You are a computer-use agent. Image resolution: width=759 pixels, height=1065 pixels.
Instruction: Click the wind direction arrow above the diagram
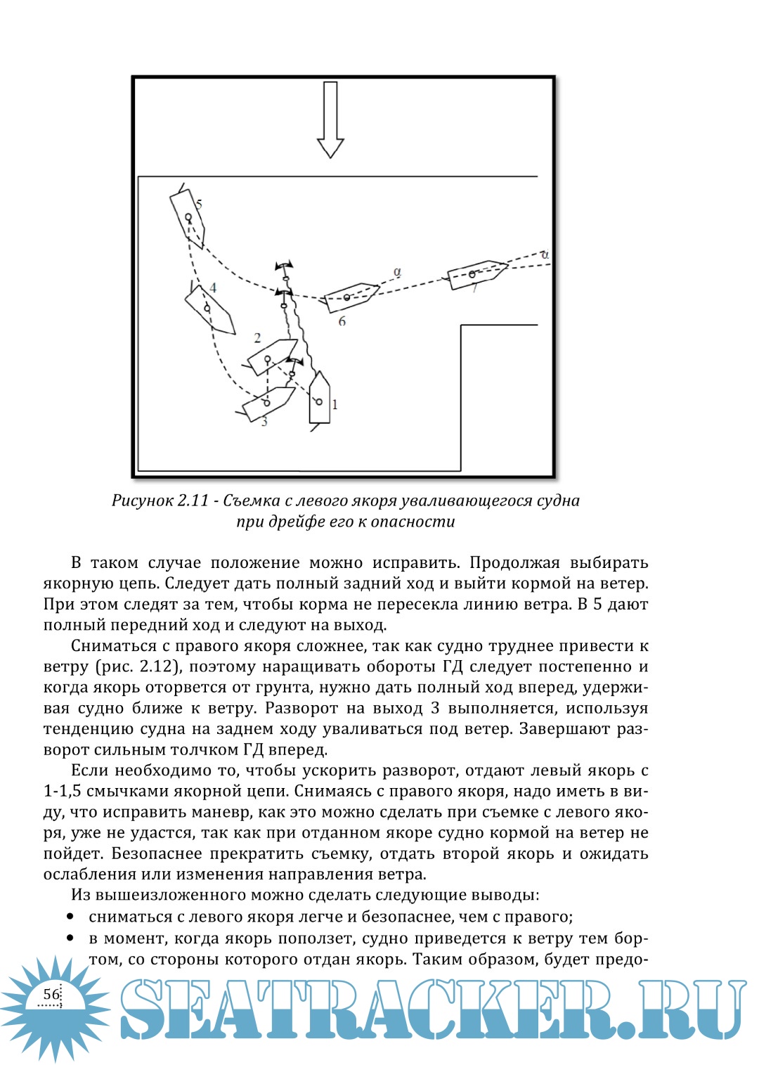tap(330, 120)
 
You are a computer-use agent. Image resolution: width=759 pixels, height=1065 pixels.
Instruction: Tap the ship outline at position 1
tap(320, 398)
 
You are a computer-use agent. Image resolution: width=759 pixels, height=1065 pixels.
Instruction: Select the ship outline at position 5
tap(188, 219)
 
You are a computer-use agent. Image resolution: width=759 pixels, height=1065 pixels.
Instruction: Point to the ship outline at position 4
tap(209, 309)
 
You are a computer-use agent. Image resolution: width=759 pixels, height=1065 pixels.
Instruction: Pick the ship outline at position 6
tap(349, 297)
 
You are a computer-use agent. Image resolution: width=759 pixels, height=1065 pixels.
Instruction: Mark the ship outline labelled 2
tap(272, 356)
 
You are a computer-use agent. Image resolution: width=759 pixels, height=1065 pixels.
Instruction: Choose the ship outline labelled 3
tap(268, 402)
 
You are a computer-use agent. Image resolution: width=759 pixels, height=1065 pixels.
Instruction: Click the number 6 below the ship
tap(342, 321)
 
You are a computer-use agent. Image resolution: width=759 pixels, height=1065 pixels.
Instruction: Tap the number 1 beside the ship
tap(335, 404)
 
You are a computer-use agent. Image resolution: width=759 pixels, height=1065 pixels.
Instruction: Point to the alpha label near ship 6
tap(397, 271)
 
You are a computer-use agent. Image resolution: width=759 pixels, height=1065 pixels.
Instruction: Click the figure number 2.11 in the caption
tap(193, 501)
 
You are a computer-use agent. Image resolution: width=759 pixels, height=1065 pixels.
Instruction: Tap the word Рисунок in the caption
tap(142, 501)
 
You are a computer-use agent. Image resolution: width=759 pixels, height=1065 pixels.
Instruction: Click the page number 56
tap(51, 994)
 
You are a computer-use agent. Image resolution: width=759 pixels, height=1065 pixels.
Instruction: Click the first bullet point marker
tap(70, 917)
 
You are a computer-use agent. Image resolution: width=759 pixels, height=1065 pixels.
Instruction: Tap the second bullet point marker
tap(70, 938)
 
